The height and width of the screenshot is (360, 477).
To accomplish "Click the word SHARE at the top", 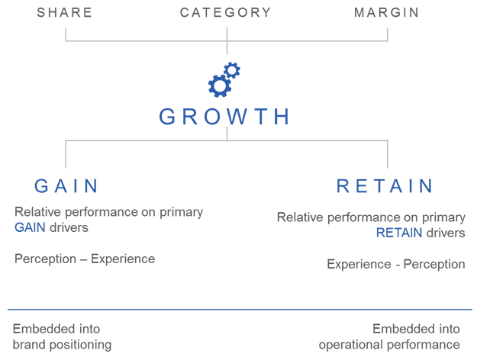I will (65, 12).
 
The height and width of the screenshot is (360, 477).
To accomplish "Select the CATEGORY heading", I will (226, 12).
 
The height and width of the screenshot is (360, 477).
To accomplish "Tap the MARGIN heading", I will (387, 12).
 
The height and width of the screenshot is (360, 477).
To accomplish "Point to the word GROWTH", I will (226, 117).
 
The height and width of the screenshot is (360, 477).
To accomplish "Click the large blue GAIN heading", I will (67, 186).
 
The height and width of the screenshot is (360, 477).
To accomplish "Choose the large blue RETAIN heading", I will (385, 186).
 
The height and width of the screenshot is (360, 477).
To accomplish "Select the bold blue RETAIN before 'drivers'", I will (399, 233).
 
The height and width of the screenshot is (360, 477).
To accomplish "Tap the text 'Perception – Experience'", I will (85, 259).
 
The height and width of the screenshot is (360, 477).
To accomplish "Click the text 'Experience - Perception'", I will (396, 265).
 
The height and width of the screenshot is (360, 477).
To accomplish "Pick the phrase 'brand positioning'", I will (63, 345).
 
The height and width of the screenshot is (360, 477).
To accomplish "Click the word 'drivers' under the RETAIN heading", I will (446, 233).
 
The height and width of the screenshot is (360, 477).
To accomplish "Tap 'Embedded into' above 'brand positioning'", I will (56, 329).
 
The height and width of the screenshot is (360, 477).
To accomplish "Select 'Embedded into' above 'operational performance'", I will (417, 329).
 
